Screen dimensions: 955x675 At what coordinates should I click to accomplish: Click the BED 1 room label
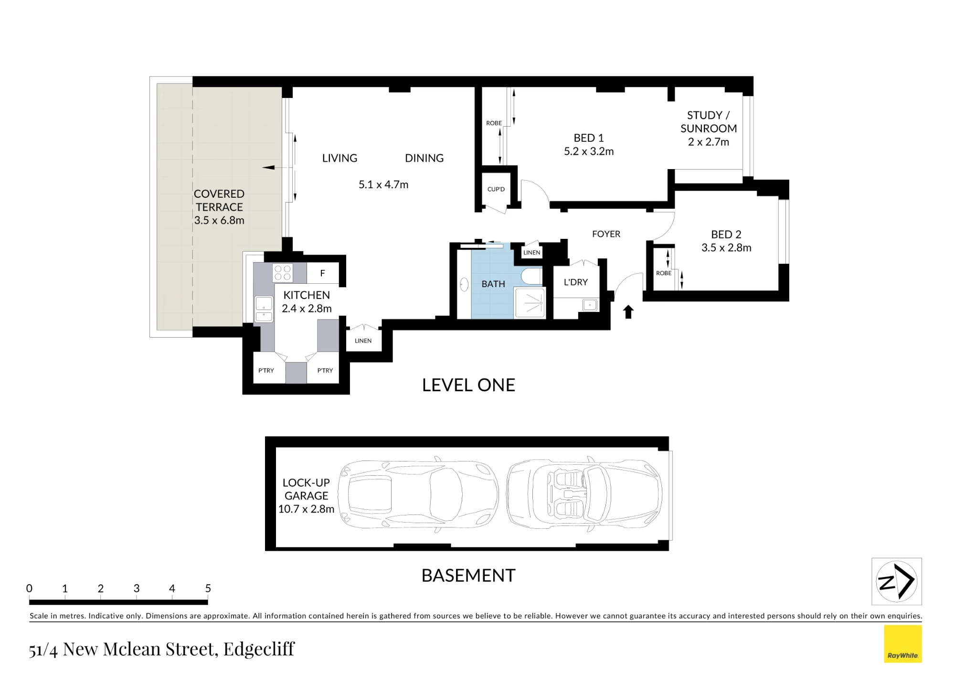coord(588,138)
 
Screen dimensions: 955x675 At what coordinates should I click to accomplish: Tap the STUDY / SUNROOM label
coord(709,122)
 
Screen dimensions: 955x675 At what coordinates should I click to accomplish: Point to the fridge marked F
coord(323,273)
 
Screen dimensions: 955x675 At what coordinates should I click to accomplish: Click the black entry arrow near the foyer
coord(628,312)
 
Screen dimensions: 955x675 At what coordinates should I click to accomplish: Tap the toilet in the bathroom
coord(531,276)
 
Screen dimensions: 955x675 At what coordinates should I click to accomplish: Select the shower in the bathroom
coord(530,303)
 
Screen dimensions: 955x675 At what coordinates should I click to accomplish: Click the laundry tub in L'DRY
coord(590,305)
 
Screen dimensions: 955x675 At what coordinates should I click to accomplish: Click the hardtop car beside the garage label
coord(418,494)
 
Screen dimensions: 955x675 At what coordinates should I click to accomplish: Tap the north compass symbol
coord(897,581)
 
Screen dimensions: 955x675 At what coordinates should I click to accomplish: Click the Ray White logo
coord(902,644)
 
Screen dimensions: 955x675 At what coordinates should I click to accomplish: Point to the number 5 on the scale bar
coord(208,589)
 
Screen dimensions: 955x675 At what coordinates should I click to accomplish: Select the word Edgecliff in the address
coord(259,649)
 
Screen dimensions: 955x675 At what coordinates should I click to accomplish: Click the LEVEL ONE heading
coord(468,385)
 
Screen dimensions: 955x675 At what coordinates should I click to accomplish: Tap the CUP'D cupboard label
coord(496,189)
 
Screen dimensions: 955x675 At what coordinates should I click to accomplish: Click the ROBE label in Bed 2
coord(664,273)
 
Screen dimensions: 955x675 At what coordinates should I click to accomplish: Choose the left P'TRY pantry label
coord(266,371)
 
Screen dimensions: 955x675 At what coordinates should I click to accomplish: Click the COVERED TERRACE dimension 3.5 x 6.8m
coord(219,220)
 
